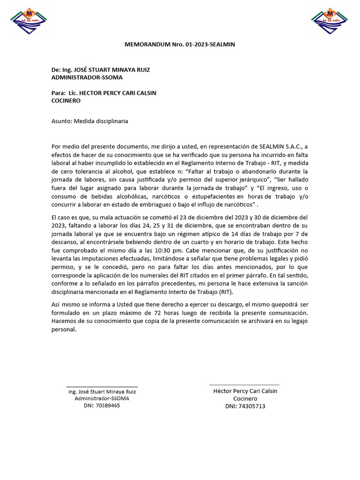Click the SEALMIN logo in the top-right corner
(330, 21)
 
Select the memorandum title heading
(180, 45)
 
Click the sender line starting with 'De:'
(101, 70)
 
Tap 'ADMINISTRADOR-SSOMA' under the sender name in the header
(87, 77)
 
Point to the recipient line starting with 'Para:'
(104, 93)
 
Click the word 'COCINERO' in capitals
(66, 100)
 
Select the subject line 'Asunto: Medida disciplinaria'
(90, 121)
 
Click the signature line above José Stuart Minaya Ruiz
(102, 387)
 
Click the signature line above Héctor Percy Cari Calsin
(244, 385)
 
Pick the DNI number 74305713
(251, 406)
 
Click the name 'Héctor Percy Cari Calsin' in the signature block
(245, 391)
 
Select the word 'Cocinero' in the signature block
(245, 398)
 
